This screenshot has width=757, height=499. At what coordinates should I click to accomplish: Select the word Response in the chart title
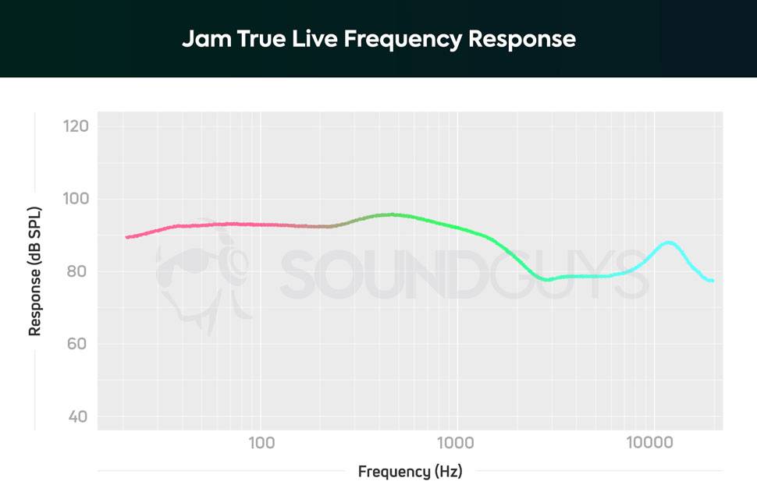click(x=522, y=39)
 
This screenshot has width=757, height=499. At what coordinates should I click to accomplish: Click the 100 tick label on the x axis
click(x=261, y=444)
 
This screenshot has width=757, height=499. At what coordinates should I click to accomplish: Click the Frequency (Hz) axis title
click(x=410, y=472)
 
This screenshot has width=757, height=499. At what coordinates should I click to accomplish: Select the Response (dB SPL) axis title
click(x=35, y=272)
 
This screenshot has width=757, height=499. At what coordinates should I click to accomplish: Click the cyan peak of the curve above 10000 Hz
click(x=669, y=242)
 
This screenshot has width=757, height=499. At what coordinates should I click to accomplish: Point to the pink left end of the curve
click(x=128, y=237)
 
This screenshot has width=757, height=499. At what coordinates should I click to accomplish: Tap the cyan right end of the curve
click(x=711, y=280)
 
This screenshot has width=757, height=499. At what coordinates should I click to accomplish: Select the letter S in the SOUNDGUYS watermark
click(x=301, y=274)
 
